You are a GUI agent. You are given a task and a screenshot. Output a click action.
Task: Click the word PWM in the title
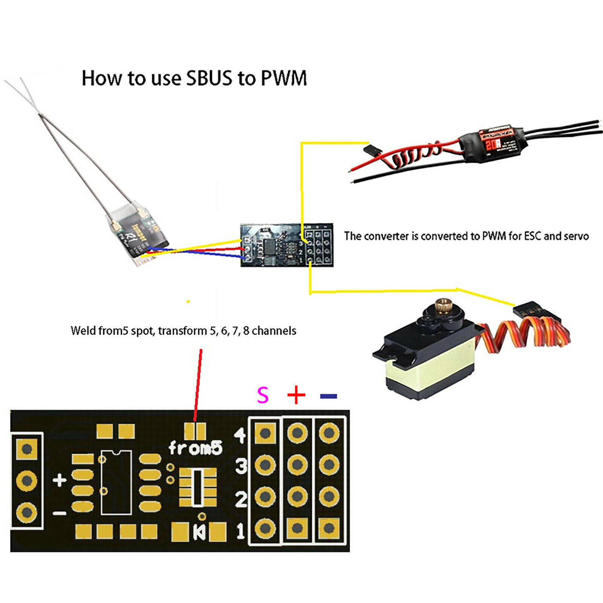coord(283,78)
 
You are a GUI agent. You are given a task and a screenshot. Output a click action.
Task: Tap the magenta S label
coord(263,395)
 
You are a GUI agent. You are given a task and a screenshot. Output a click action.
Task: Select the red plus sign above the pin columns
coord(296,395)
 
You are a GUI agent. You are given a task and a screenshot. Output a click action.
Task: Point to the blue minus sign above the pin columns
coord(328,396)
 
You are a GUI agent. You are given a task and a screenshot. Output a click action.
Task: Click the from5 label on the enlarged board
coord(195,448)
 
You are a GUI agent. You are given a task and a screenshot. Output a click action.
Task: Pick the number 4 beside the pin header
coord(240,435)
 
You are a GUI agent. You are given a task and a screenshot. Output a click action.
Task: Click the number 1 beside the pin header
coord(240,531)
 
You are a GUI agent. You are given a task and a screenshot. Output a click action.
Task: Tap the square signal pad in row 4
coord(265,433)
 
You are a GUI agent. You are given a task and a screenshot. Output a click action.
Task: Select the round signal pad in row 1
coord(265,528)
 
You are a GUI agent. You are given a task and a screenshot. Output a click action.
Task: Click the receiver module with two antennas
coord(138,234)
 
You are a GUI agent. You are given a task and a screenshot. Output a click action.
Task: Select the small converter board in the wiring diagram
coord(287,245)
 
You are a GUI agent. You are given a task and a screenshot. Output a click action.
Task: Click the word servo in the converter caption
coord(576,236)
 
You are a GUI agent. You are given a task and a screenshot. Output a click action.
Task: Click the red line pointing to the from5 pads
coord(198,384)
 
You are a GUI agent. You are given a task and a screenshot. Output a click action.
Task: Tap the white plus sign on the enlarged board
coord(60,481)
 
